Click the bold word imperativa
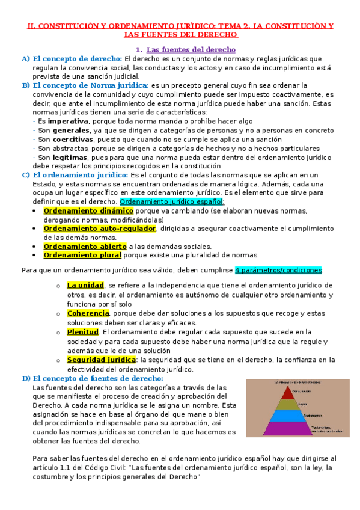point(68,121)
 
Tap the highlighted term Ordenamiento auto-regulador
point(100,229)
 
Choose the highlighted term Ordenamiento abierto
point(93,246)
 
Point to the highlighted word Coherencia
point(88,313)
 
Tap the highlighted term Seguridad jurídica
point(102,360)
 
